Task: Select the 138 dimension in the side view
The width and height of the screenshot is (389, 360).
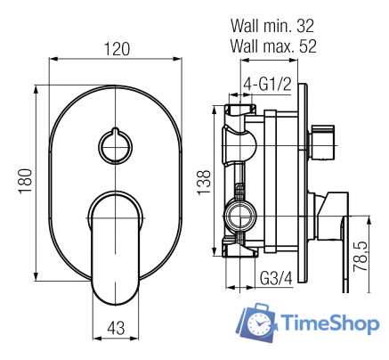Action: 204,179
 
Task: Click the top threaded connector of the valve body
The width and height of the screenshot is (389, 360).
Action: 239,111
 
